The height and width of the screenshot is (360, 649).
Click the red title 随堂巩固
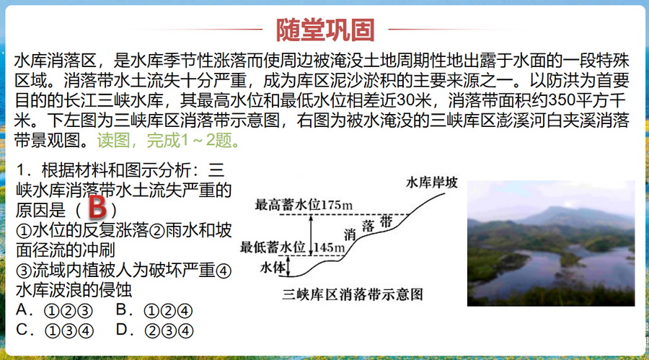(x=325, y=30)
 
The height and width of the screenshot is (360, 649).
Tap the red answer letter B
(x=97, y=207)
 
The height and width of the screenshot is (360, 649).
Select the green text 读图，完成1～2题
(x=169, y=141)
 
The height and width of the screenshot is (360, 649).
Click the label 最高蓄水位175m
(x=304, y=205)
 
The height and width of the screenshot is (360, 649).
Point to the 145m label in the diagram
(x=330, y=247)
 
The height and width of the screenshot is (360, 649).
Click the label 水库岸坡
(x=432, y=183)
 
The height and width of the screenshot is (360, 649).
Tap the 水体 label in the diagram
(x=273, y=268)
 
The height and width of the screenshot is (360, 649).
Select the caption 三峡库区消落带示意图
(x=353, y=294)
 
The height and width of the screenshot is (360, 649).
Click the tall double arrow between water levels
(x=312, y=235)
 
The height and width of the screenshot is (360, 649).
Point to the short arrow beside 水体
(x=289, y=266)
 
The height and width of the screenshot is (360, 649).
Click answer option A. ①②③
(x=54, y=310)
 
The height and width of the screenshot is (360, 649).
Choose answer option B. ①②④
(x=154, y=310)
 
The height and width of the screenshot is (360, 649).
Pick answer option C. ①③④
(x=55, y=330)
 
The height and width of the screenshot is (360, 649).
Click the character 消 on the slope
(x=350, y=235)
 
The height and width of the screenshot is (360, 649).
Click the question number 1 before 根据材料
(x=21, y=170)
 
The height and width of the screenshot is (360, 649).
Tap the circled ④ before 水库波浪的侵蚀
(x=224, y=271)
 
